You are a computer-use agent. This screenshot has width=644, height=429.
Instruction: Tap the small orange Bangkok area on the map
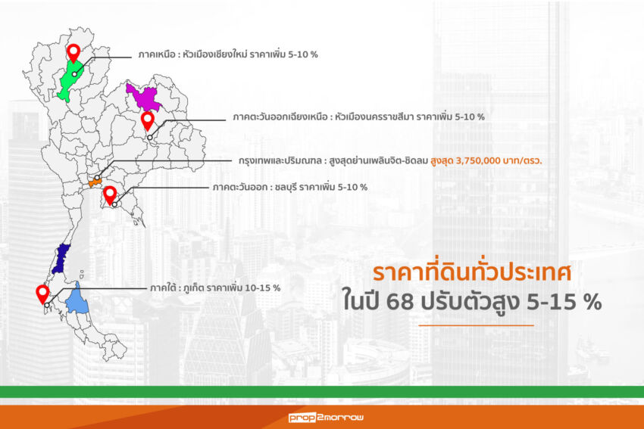95,182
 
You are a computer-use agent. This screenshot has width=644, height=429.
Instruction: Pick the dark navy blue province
62,259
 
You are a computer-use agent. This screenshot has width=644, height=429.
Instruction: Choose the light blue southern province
77,300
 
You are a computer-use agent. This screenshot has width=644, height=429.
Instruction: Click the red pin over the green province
73,52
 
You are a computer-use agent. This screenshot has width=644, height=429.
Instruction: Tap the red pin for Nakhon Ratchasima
148,120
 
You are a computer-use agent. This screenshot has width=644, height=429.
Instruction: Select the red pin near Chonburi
110,194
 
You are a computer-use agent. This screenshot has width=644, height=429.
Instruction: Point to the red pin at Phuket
42,294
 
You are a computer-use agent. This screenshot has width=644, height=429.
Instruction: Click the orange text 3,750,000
477,160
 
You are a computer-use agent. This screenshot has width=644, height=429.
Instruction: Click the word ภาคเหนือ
157,54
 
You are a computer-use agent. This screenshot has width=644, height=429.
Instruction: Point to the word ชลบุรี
286,188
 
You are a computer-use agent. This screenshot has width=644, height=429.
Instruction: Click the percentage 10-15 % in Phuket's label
262,288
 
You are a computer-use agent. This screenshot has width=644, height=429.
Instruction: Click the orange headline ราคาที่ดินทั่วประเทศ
472,273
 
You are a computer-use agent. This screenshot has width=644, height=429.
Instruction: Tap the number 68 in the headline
401,303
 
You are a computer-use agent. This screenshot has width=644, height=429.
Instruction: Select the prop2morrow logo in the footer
326,418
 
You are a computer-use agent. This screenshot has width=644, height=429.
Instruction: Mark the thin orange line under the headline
476,325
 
